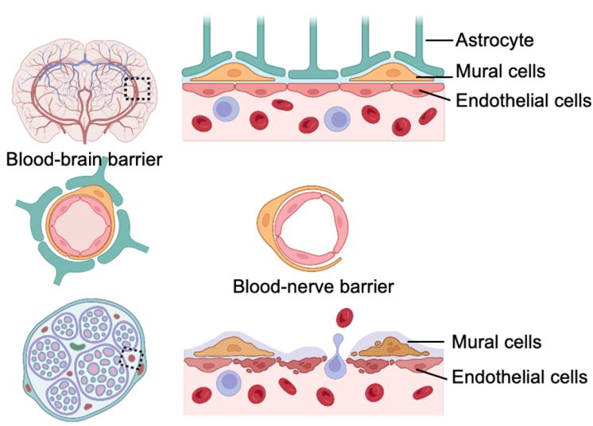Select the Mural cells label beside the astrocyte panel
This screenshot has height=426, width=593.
(499, 71)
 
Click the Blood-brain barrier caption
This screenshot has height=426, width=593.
(83, 160)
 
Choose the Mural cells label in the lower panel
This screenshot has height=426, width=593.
(496, 342)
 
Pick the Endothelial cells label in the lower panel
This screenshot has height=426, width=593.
(521, 376)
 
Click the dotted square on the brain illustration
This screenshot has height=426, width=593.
(138, 88)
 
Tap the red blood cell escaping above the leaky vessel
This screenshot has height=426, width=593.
(345, 318)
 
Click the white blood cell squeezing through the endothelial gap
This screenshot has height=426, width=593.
(338, 363)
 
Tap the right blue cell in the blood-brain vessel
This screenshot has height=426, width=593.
(339, 120)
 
